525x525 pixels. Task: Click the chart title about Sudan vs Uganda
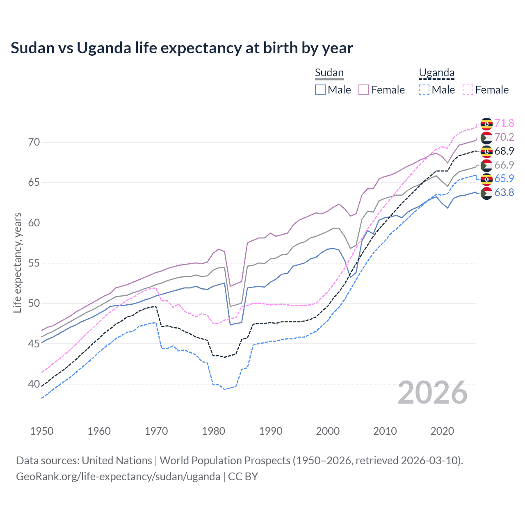pos(182,48)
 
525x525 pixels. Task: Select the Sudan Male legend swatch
pos(320,90)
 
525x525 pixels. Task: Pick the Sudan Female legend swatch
pos(364,90)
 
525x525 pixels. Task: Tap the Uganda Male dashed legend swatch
pos(424,90)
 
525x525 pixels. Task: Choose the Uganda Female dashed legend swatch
pos(468,90)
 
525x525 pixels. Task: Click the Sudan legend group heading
pos(329,73)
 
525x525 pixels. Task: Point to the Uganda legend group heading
pos(436,73)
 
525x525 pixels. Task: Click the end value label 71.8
pos(504,123)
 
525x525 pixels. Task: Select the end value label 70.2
pos(504,137)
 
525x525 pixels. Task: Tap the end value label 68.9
pos(504,151)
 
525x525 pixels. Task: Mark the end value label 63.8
pos(504,192)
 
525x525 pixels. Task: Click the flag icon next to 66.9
pos(486,165)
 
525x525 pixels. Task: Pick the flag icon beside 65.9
pos(486,179)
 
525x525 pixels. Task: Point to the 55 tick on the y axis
pos(34,263)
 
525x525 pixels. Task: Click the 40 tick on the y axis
pos(34,384)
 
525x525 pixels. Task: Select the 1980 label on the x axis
pos(213,431)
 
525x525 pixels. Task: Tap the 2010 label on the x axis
pos(385,431)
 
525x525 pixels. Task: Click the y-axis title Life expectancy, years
pos(17,262)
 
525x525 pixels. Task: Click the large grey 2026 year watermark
pos(433,393)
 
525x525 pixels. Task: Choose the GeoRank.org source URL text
pos(118,476)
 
